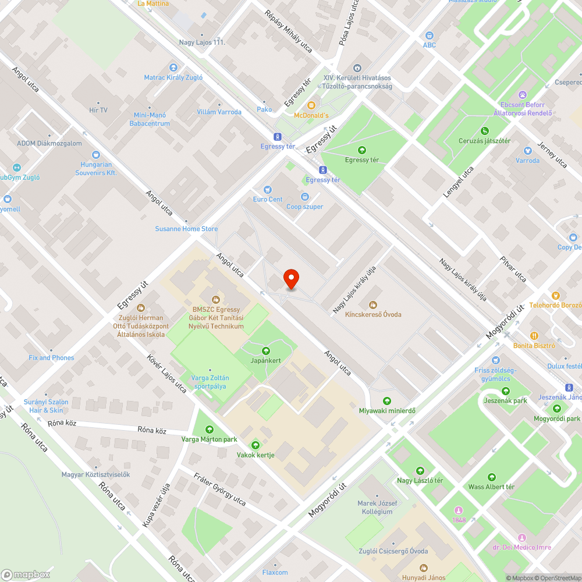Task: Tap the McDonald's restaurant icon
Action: [x=311, y=105]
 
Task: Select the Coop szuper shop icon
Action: [x=305, y=197]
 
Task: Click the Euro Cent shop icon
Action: [x=268, y=189]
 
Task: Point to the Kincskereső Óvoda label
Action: [x=373, y=314]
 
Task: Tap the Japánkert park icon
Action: [x=266, y=350]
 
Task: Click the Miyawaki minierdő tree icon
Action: [x=387, y=400]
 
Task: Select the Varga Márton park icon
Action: [x=210, y=430]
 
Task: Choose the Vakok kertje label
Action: [x=255, y=455]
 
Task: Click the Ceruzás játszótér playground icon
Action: [x=485, y=131]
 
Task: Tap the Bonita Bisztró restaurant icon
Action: [x=534, y=335]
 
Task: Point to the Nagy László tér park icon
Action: [x=420, y=471]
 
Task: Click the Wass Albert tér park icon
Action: [x=492, y=477]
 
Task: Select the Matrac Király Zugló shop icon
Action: [x=173, y=68]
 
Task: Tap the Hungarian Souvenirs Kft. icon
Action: [x=95, y=155]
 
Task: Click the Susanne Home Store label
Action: [x=186, y=229]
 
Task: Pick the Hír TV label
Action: [x=98, y=110]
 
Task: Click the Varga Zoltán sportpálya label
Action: [x=210, y=382]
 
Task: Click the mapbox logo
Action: [x=26, y=574]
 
